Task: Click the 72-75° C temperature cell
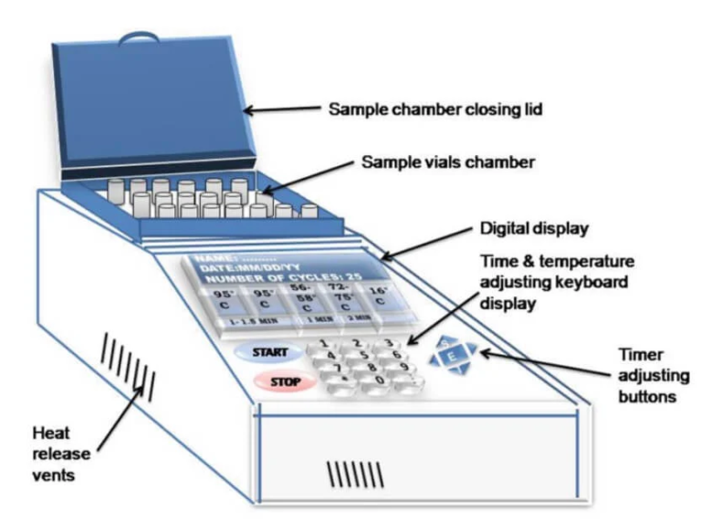341,296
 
